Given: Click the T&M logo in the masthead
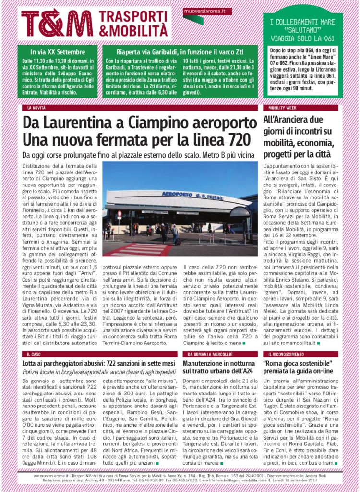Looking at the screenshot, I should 57,23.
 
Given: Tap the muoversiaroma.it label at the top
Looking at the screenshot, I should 201,11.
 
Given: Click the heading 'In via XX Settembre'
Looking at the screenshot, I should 58,51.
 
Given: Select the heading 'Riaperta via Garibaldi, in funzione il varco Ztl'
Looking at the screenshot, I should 180,51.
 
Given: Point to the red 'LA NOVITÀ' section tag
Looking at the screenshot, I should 36,108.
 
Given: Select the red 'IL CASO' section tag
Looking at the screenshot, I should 34,354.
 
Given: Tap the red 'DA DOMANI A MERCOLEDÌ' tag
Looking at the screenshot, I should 207,354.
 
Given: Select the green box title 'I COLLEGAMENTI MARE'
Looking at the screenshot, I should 302,22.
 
